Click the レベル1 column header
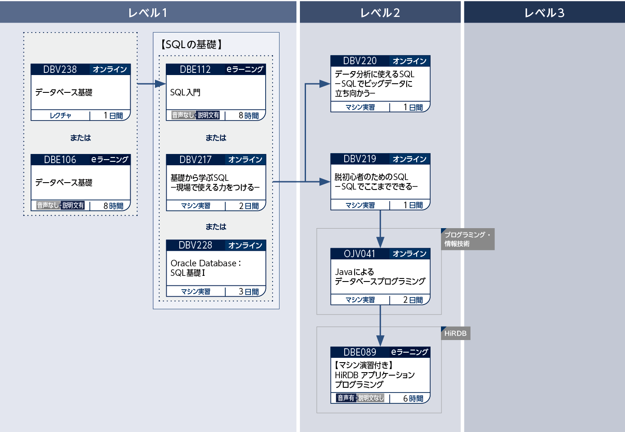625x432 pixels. pos(148,13)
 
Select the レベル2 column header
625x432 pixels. pos(380,13)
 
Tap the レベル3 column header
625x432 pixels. pos(544,13)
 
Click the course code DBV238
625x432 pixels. pos(60,69)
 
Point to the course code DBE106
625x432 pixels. pos(60,160)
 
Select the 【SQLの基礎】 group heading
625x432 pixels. pos(191,44)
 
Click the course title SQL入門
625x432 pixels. pos(185,92)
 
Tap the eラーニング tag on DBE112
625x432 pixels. pos(245,69)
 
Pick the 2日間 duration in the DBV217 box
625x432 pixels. pos(249,206)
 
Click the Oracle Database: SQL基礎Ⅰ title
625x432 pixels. pos(205,268)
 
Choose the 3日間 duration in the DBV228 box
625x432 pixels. pos(249,292)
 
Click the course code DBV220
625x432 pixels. pos(360,61)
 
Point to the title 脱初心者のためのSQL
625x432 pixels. pos(372,177)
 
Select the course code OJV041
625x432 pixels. pos(359,254)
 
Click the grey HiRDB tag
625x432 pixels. pos(455,334)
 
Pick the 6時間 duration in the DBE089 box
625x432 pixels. pos(413,399)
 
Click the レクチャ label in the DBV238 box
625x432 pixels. pos(60,115)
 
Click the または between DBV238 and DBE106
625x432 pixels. pos(81,138)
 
